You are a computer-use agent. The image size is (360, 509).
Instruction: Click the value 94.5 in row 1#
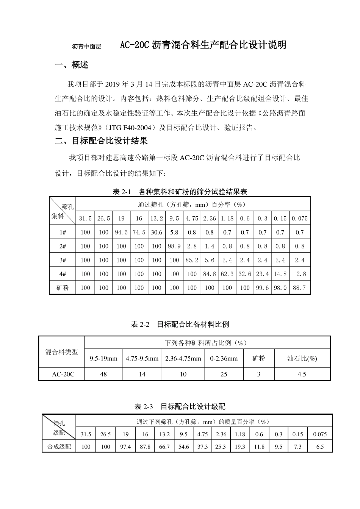(121, 233)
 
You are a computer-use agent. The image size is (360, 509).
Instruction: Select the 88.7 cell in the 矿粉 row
(299, 288)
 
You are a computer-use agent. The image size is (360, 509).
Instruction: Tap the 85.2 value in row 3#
(192, 260)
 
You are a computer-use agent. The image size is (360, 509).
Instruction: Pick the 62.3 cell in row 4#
(227, 274)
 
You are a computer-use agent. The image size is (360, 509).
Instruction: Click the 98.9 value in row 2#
(174, 247)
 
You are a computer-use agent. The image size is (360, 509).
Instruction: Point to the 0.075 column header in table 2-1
(299, 219)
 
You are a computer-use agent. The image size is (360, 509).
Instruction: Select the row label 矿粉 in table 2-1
(63, 288)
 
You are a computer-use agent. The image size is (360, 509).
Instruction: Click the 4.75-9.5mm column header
(142, 359)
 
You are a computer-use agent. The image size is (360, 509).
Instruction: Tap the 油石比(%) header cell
(302, 359)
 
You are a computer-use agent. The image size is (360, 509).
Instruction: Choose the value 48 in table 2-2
(103, 374)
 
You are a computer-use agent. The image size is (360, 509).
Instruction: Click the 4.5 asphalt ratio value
(302, 374)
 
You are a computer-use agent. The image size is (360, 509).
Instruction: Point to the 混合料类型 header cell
(61, 352)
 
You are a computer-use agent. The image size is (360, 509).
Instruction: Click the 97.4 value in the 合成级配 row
(125, 447)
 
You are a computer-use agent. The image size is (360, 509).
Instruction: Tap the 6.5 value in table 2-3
(320, 447)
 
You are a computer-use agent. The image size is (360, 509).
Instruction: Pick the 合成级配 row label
(59, 447)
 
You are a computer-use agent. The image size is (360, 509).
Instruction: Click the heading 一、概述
(72, 65)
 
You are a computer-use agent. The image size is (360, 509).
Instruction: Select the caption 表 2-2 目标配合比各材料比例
(180, 325)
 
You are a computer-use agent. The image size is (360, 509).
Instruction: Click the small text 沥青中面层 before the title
(87, 47)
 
